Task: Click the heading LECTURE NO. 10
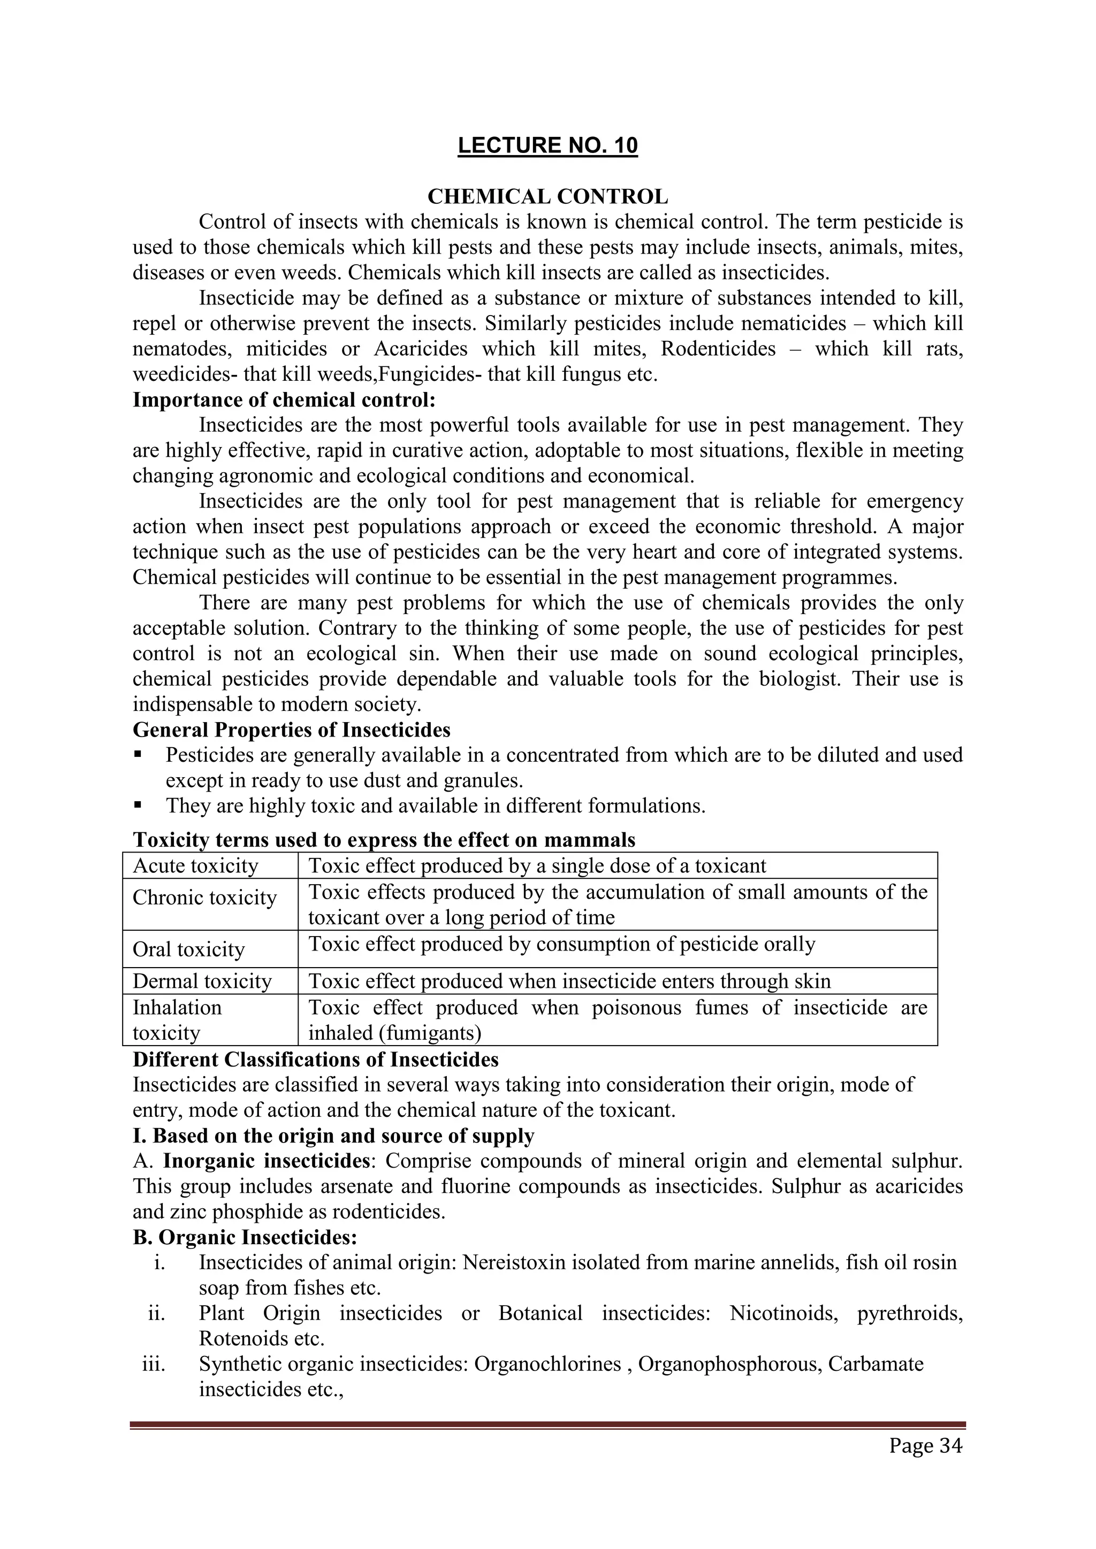[547, 145]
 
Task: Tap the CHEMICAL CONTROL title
[547, 197]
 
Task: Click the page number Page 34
[925, 1446]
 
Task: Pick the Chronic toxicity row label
[204, 898]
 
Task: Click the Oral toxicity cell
[188, 949]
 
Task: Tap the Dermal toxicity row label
[202, 981]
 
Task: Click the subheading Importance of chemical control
[284, 400]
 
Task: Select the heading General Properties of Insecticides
[292, 730]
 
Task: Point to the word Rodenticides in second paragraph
[718, 349]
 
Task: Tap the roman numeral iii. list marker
[154, 1363]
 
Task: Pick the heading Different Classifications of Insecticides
[315, 1059]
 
